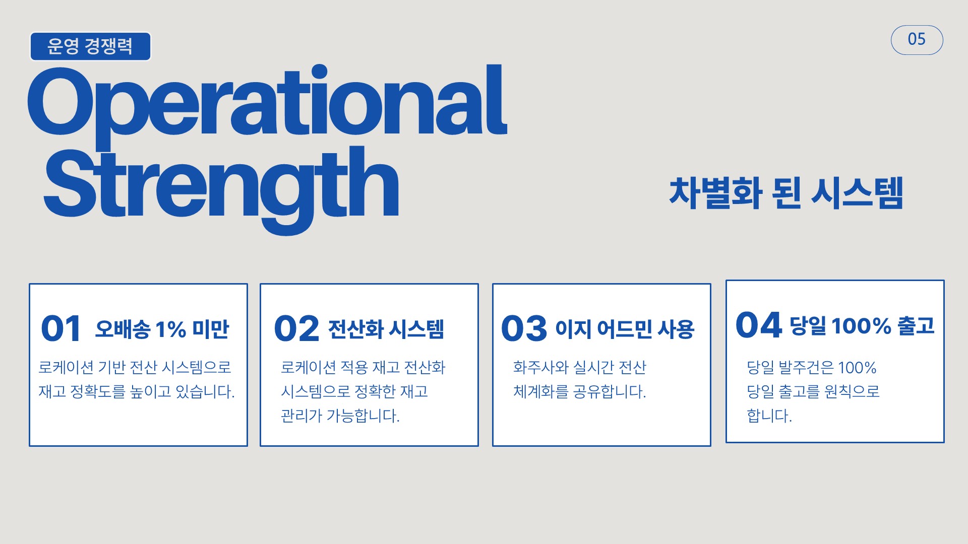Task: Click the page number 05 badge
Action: pyautogui.click(x=917, y=40)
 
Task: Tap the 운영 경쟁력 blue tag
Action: pyautogui.click(x=90, y=46)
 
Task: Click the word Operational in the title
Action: pyautogui.click(x=267, y=103)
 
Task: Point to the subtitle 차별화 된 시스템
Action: pyautogui.click(x=786, y=193)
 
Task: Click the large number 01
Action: pyautogui.click(x=60, y=328)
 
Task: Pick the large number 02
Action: pyautogui.click(x=296, y=328)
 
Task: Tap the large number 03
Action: pyautogui.click(x=524, y=328)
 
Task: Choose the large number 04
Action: pyautogui.click(x=758, y=325)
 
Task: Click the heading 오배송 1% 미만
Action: pyautogui.click(x=162, y=329)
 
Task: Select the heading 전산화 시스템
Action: pyautogui.click(x=386, y=329)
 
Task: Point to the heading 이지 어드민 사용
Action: pyautogui.click(x=625, y=329)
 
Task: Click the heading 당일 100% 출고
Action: pyautogui.click(x=862, y=326)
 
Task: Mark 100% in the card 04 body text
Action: pyautogui.click(x=857, y=368)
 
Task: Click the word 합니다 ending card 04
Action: pyautogui.click(x=769, y=416)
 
